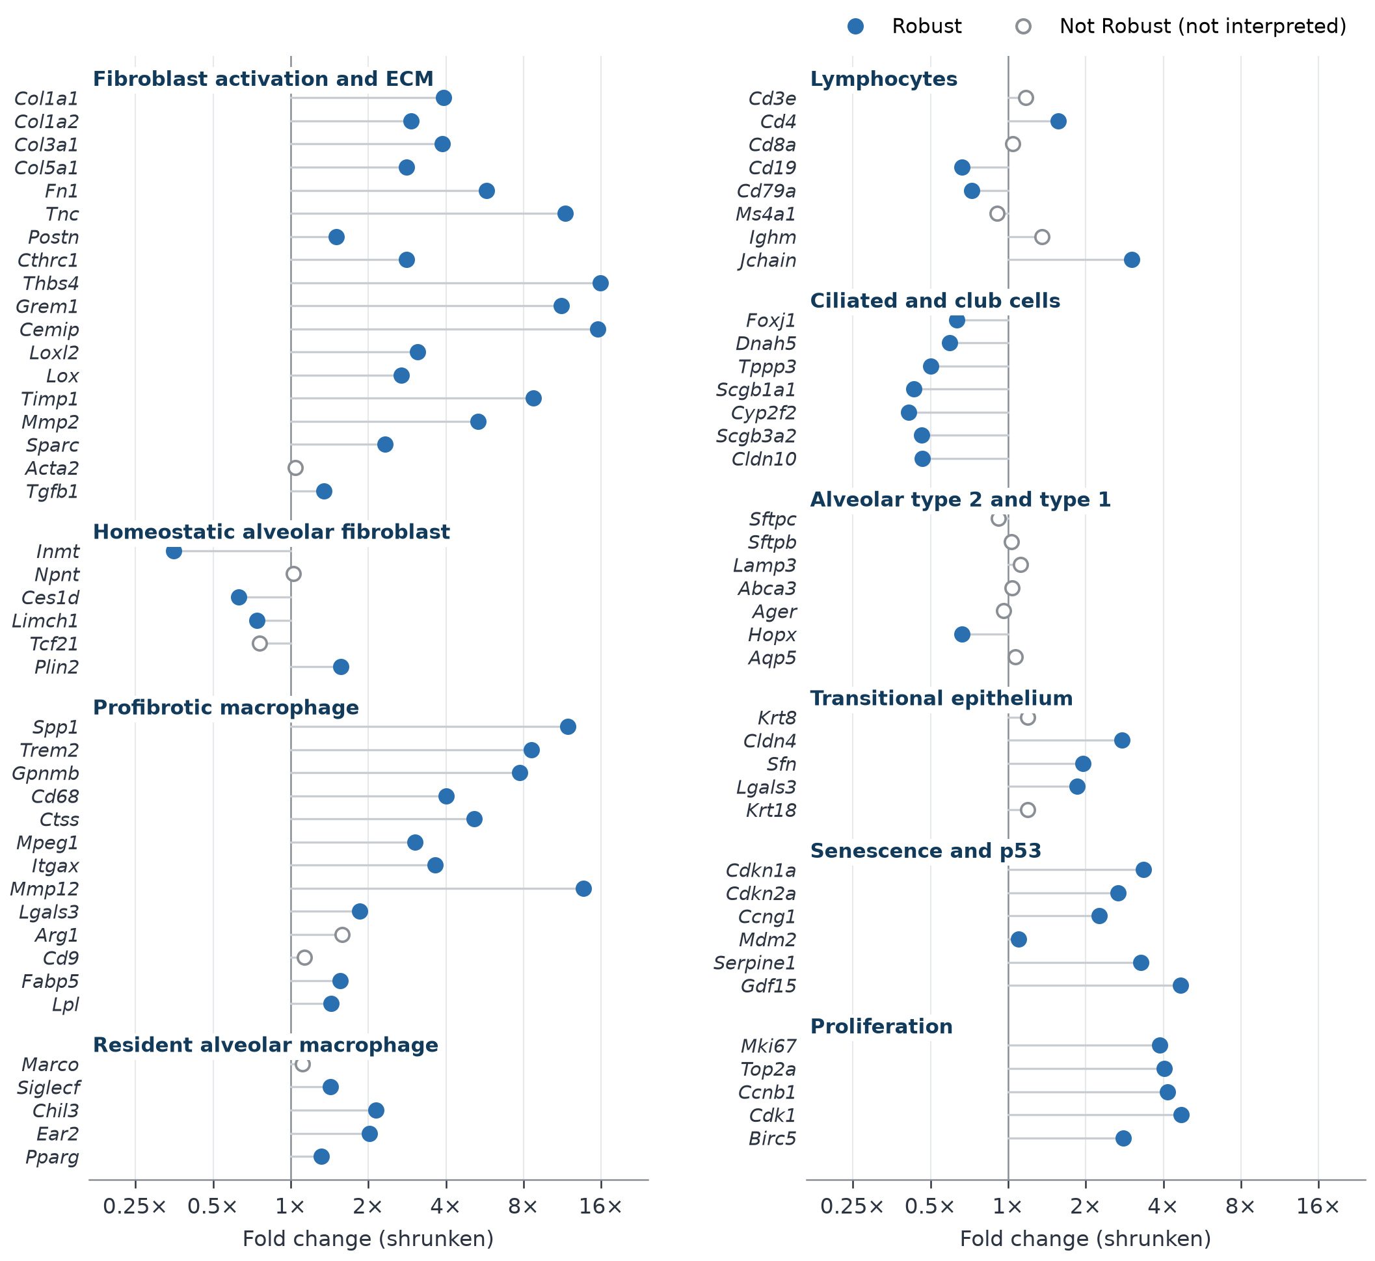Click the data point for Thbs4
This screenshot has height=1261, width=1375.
click(x=600, y=283)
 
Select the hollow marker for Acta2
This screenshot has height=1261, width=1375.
click(x=295, y=468)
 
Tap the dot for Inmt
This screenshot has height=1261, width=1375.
click(x=174, y=551)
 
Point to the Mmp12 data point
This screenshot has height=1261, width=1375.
click(x=583, y=888)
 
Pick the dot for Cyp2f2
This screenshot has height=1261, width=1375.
click(x=909, y=413)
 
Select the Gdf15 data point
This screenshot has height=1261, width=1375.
click(x=1181, y=985)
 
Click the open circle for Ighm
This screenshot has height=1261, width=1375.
click(x=1042, y=237)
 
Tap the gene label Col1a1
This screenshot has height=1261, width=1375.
click(x=46, y=99)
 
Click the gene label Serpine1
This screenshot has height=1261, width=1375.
click(x=754, y=962)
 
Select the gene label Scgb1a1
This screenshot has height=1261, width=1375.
click(x=756, y=390)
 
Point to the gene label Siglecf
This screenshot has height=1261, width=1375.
click(x=48, y=1087)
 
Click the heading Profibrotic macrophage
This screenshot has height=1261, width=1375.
click(x=226, y=708)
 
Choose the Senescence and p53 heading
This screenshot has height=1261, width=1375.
click(x=926, y=851)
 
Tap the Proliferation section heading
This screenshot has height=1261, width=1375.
click(x=881, y=1026)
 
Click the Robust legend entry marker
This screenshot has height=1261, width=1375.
click(x=856, y=27)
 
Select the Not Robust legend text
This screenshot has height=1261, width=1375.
click(x=1203, y=27)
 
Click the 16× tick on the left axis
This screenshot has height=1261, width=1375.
click(x=600, y=1207)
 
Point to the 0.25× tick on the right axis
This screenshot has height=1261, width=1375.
click(x=852, y=1207)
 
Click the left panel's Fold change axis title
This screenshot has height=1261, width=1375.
click(x=369, y=1239)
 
